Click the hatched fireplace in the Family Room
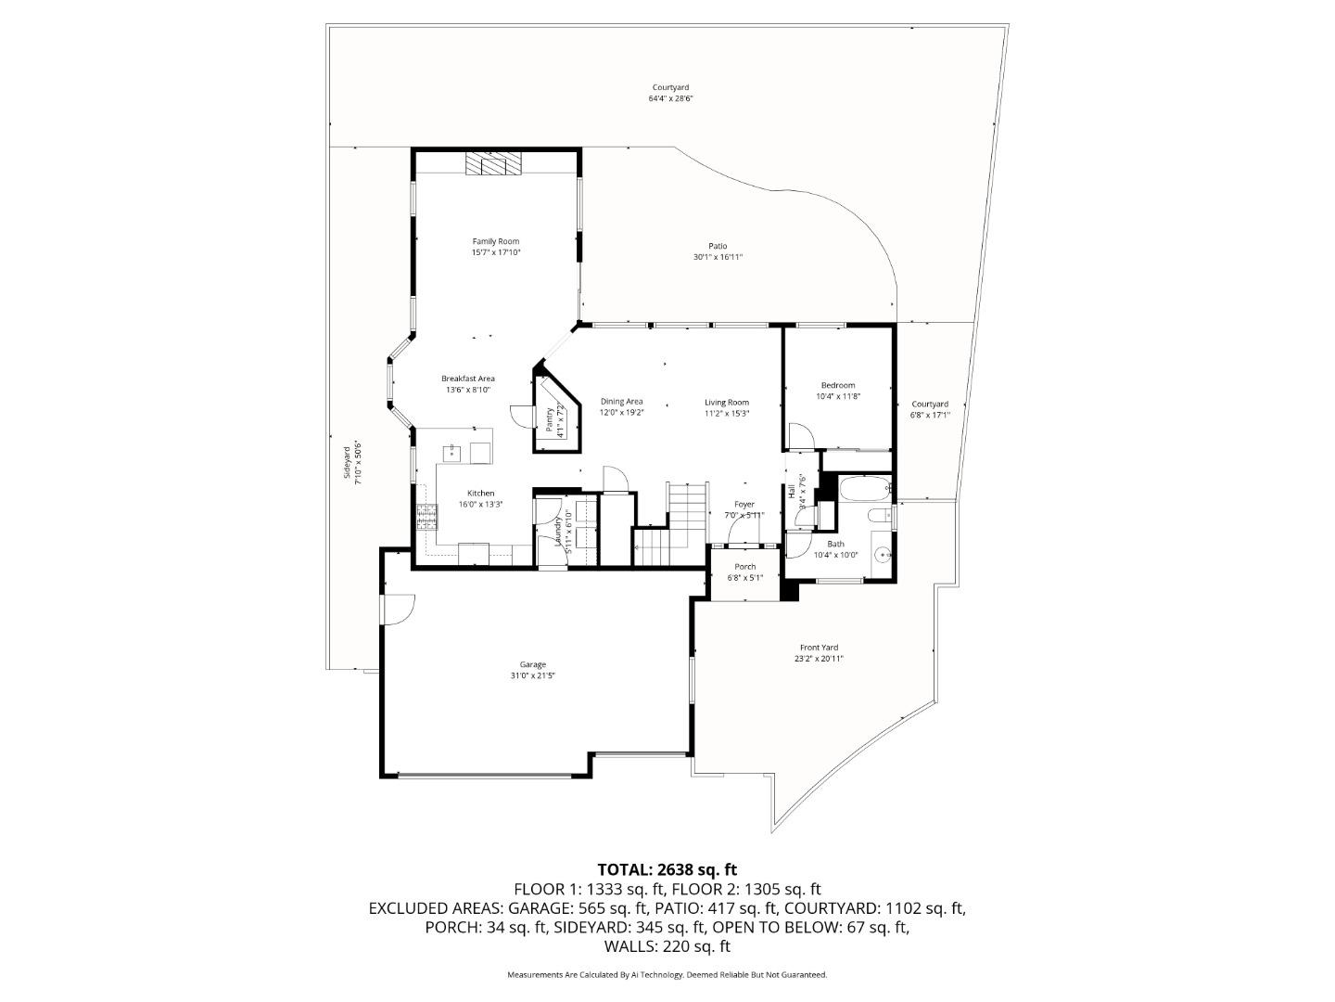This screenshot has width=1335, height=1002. (494, 163)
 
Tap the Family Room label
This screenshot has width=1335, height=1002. (496, 241)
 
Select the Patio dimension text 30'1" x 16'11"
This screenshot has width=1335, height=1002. (718, 257)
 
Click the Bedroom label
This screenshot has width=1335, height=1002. (838, 385)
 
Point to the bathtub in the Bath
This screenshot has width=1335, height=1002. (863, 487)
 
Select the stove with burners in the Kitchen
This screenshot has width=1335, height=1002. (426, 516)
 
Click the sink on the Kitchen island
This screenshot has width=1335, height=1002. (453, 453)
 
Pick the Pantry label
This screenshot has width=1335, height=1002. (550, 420)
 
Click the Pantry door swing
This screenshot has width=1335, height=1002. (520, 417)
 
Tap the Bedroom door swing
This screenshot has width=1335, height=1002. (799, 435)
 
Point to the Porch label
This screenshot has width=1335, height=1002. (745, 567)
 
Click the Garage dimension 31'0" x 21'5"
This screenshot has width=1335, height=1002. (532, 675)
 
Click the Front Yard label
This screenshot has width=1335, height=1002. (819, 648)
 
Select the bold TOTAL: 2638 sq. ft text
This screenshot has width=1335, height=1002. (667, 869)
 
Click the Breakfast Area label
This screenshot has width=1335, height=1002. (467, 379)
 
